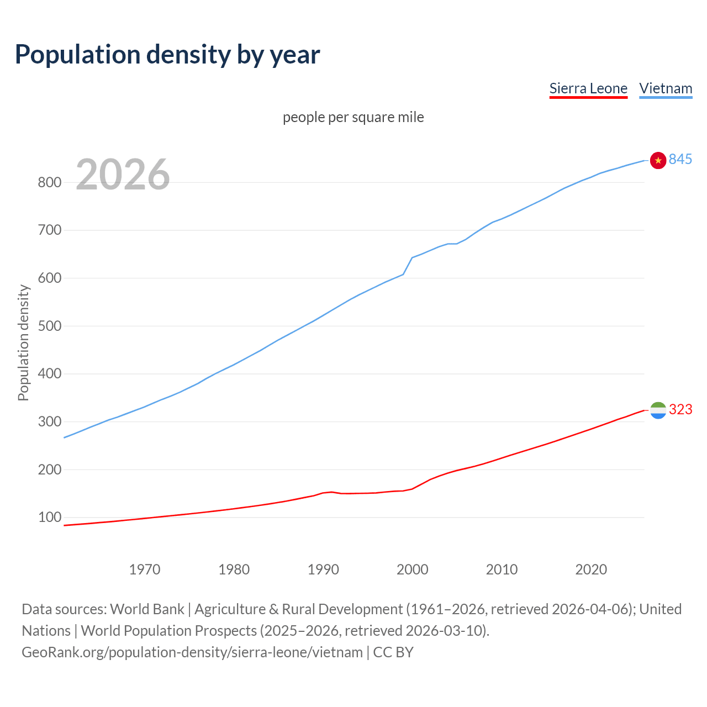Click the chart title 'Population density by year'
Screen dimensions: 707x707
click(167, 54)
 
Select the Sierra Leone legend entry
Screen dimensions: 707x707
click(588, 88)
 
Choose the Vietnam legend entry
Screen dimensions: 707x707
click(666, 88)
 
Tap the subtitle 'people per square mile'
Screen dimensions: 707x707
click(353, 117)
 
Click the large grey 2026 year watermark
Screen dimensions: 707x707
click(123, 175)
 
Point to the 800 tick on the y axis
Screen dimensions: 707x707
click(49, 182)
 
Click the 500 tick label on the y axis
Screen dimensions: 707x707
click(49, 326)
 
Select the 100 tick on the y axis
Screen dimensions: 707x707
click(49, 518)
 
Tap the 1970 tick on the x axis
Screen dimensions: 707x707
click(145, 569)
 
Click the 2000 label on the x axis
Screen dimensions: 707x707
click(412, 569)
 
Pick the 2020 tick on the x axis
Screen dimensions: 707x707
click(591, 569)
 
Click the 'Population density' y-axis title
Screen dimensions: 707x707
click(23, 342)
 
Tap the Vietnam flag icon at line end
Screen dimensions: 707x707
click(658, 160)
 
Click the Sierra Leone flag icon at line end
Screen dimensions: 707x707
click(658, 410)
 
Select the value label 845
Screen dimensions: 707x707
click(680, 160)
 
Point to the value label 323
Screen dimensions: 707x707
click(680, 409)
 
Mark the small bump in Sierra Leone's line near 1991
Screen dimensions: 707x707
click(330, 492)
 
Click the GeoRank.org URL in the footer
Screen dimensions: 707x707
click(192, 652)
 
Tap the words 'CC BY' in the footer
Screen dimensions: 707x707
click(393, 652)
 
